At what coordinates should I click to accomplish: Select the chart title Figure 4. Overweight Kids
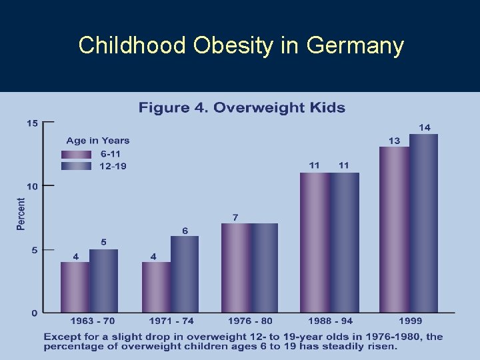tap(241, 107)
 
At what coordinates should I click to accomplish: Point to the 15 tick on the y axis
tap(31, 123)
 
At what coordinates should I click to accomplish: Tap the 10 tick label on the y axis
tap(31, 186)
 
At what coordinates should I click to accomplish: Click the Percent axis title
tap(21, 214)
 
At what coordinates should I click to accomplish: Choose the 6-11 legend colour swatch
tap(75, 154)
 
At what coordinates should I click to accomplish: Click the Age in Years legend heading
tap(97, 141)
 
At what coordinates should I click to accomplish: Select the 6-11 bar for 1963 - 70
tap(75, 287)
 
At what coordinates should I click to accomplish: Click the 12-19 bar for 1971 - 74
tap(185, 274)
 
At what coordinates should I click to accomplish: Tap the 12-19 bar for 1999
tap(423, 223)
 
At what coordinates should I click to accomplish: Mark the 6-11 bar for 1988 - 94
tap(315, 242)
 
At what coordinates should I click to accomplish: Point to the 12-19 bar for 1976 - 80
tap(264, 267)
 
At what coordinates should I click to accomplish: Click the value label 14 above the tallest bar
tap(425, 127)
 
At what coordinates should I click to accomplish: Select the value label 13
tap(395, 140)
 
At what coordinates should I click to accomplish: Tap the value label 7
tap(235, 217)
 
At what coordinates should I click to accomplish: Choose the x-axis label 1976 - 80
tap(250, 321)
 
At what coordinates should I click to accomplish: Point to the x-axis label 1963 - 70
tap(89, 321)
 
